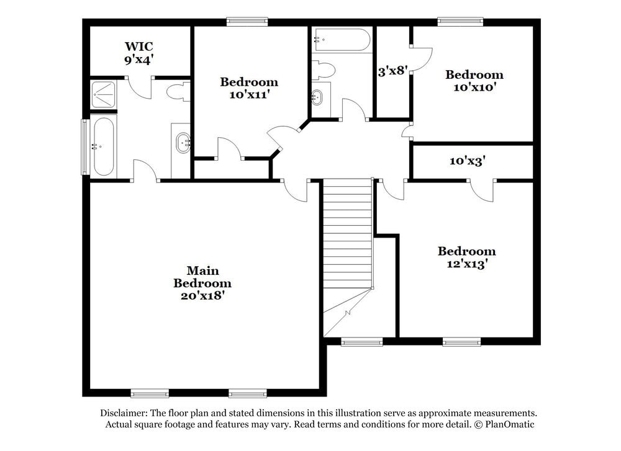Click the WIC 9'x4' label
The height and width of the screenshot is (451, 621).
[x=138, y=53]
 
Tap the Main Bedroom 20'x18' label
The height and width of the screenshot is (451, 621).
[x=203, y=284]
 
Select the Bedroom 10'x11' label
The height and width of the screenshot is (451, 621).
[x=249, y=88]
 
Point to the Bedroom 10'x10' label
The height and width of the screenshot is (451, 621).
[x=474, y=81]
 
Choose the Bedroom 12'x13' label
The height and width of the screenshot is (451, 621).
[x=467, y=257]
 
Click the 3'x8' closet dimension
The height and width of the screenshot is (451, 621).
[x=392, y=71]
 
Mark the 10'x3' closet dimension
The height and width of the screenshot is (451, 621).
[x=468, y=161]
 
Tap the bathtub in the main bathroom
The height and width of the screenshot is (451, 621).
[x=102, y=146]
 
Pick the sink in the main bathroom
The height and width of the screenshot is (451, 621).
[x=184, y=143]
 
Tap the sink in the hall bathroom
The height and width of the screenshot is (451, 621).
[x=317, y=97]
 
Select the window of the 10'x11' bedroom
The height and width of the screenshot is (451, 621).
[x=247, y=22]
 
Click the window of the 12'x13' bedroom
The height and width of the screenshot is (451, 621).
[x=461, y=341]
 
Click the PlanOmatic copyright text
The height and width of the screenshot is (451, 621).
[x=504, y=424]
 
